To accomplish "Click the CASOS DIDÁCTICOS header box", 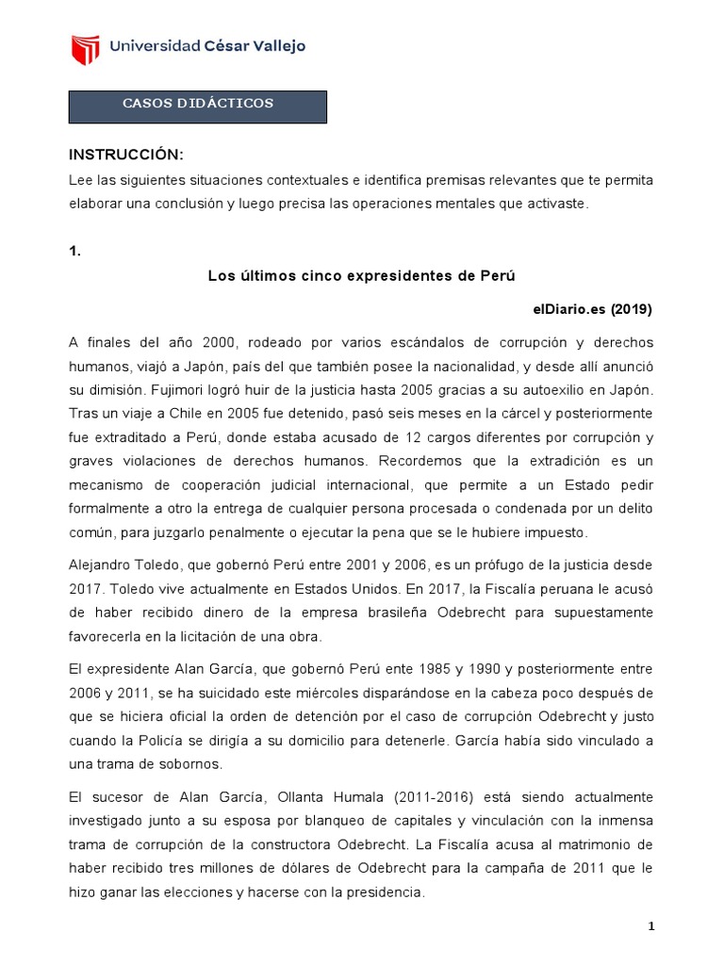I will point(198,106).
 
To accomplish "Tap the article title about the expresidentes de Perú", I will point(363,275).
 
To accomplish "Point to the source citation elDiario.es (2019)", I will point(592,309).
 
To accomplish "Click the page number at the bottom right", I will point(650,926).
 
